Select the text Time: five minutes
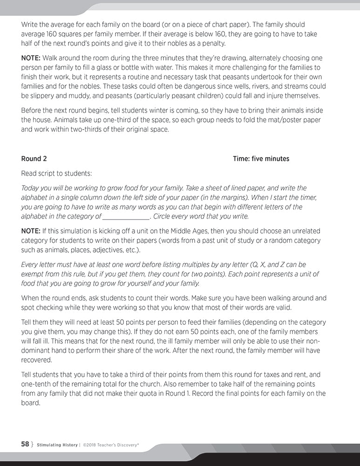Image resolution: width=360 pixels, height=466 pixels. [261, 159]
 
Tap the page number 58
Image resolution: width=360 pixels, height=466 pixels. [25, 444]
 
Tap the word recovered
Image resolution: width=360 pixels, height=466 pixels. [37, 360]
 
